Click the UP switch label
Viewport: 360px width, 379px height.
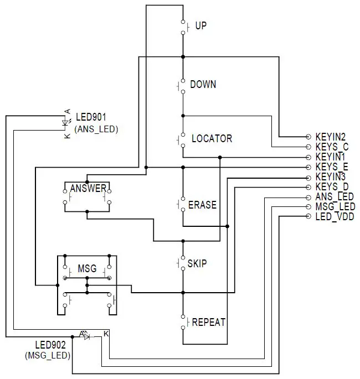(x=201, y=26)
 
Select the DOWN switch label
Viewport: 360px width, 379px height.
(x=203, y=85)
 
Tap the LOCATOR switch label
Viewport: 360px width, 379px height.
(x=212, y=138)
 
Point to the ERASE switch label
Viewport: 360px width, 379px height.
(x=202, y=205)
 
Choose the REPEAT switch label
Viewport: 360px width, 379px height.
(x=208, y=322)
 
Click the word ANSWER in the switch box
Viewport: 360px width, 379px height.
(x=88, y=188)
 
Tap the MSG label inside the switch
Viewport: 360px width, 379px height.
(x=87, y=269)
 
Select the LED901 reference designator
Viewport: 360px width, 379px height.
(x=91, y=117)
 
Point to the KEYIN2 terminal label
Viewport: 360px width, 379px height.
(x=331, y=137)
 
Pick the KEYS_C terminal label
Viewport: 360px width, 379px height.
(x=332, y=147)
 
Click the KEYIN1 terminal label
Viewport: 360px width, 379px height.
(x=331, y=157)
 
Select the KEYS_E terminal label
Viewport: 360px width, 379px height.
(x=332, y=167)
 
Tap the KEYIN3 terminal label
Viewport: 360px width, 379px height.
(x=331, y=176)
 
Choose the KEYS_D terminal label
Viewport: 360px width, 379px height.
(x=332, y=186)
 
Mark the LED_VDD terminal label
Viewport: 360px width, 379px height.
(x=334, y=216)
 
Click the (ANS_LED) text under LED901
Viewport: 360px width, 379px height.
(x=96, y=128)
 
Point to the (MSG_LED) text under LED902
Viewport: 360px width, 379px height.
(x=47, y=355)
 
